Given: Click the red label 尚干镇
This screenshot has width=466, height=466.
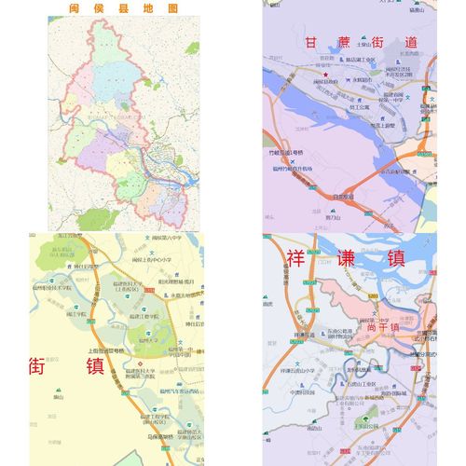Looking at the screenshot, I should (x=381, y=327).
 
